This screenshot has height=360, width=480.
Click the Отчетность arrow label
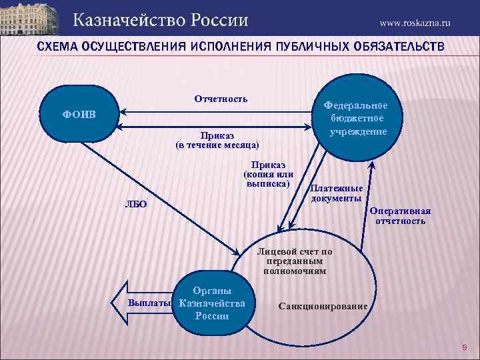221,99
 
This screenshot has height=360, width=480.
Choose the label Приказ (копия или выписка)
268,174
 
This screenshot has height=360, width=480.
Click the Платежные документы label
337,193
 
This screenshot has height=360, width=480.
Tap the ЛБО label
136,203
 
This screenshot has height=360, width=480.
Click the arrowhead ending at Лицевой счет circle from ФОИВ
239,253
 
